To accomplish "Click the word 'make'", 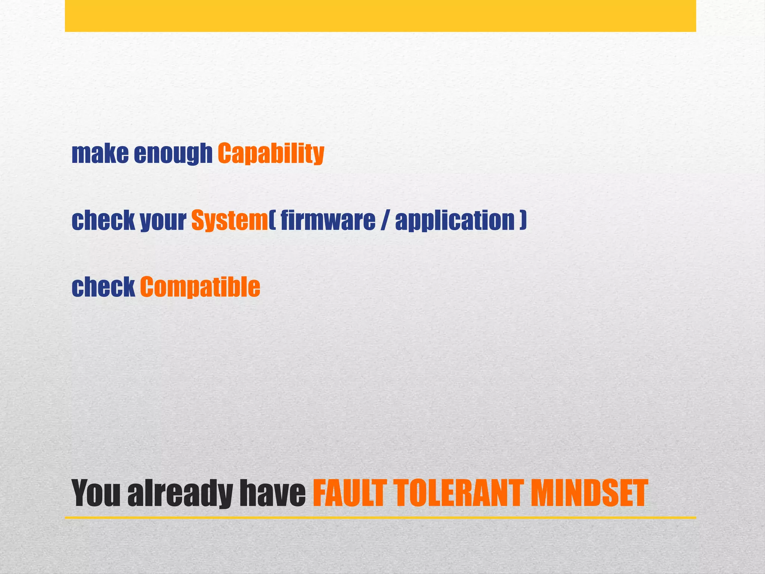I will pos(100,154).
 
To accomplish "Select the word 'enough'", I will pos(173,154).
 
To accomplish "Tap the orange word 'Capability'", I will pos(271,154).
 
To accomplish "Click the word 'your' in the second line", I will pos(163,220).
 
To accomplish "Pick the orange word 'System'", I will pos(229,220).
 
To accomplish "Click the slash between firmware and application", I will pos(385,220).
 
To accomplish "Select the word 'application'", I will pos(455,220).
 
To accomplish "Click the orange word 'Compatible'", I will pos(200,287).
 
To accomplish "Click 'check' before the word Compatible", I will pos(103,287).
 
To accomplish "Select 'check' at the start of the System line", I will pos(103,220).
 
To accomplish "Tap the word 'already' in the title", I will pos(180,494).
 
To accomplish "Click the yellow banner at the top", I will pos(380,16).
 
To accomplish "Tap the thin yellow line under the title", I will pos(380,518).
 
